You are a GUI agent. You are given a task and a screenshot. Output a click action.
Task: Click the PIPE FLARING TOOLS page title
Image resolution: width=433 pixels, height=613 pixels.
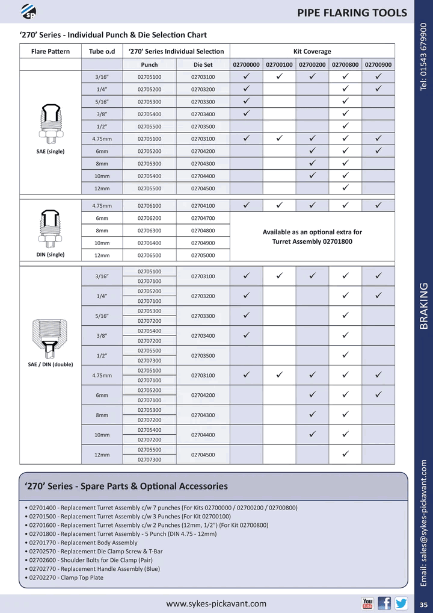pos(352,13)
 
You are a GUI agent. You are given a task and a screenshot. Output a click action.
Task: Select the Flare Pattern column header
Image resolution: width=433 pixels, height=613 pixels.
pos(51,51)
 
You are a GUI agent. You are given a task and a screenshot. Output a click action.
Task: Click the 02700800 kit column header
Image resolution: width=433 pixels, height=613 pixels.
pos(345,64)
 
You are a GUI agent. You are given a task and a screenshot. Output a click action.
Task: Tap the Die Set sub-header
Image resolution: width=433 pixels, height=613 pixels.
pos(203,64)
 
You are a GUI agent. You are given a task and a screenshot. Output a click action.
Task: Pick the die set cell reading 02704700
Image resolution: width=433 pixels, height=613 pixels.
pos(203,218)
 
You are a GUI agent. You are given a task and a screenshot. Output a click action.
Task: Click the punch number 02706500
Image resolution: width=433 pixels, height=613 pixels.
pos(149,255)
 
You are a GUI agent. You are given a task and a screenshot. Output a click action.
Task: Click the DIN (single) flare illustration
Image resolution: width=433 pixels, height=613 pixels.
pos(51,228)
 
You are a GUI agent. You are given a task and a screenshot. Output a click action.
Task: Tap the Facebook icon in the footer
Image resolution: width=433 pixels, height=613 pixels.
pos(384,603)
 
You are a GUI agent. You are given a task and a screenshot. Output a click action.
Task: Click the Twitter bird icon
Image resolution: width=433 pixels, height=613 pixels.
pos(401,603)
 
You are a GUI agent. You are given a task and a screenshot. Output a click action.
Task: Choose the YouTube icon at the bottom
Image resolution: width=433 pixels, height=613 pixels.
pos(367,603)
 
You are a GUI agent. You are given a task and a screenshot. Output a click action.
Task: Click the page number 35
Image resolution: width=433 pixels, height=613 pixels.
pos(423,605)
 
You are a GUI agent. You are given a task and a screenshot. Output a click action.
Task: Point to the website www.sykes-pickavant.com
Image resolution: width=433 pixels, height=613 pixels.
pos(216,603)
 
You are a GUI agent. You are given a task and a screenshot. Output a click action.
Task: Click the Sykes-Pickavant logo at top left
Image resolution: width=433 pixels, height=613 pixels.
pos(28,11)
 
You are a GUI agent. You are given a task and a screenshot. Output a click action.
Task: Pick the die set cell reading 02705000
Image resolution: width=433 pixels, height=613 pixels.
pos(203,255)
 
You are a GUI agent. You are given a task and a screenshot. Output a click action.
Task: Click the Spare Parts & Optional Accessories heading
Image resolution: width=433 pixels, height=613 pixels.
pos(126,486)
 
